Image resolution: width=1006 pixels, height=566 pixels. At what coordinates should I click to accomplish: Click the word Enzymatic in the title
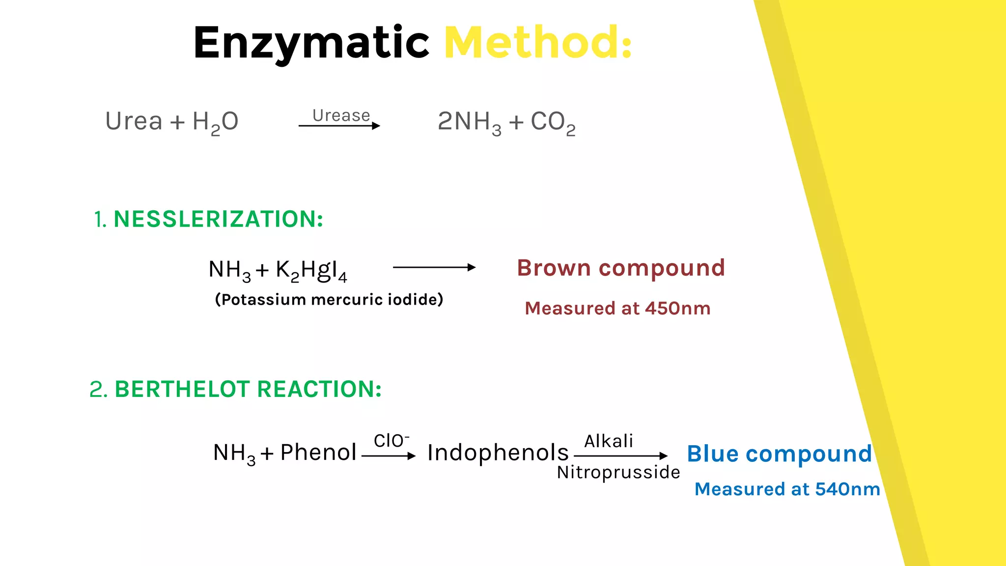click(x=311, y=43)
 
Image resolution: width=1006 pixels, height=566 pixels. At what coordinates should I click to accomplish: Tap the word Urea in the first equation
click(x=134, y=121)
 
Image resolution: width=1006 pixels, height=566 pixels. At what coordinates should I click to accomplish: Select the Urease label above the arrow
click(x=341, y=115)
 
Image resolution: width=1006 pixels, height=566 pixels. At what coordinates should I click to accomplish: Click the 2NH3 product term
click(x=469, y=122)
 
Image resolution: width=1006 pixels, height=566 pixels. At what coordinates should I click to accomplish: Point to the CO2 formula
click(x=553, y=122)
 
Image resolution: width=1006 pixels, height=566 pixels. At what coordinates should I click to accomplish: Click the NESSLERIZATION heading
click(x=218, y=219)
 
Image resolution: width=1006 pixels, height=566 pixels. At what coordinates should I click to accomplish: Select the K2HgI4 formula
click(x=311, y=270)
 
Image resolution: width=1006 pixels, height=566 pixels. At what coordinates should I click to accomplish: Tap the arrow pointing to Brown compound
click(x=434, y=267)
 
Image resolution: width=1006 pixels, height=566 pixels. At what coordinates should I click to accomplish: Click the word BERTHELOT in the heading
click(x=182, y=389)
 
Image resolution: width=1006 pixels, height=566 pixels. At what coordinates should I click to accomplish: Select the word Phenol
click(x=318, y=453)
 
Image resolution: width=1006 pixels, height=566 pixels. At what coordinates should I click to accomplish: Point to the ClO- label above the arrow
click(x=391, y=441)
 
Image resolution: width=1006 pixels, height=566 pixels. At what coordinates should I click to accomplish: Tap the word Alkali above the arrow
click(x=608, y=441)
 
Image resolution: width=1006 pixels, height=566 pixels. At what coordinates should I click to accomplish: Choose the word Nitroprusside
click(x=618, y=472)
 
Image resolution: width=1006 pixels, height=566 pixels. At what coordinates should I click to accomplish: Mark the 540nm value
click(x=847, y=489)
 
